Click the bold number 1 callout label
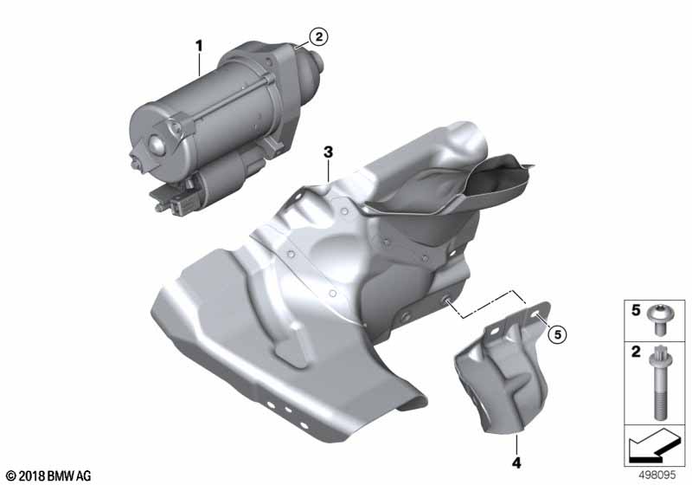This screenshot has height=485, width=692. tap(199, 46)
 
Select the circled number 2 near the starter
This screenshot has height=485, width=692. tap(318, 36)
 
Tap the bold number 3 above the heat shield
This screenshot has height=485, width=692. tap(328, 152)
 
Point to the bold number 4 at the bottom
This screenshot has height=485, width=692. tap(516, 462)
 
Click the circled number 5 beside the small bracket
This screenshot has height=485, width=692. tap(557, 334)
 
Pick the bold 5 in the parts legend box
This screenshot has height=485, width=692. tap(636, 311)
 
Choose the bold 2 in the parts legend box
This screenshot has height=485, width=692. tap(636, 352)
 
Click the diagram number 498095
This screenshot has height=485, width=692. tap(657, 475)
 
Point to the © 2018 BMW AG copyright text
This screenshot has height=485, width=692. tap(49, 475)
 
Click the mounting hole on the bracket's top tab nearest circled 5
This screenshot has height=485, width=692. tap(535, 314)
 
